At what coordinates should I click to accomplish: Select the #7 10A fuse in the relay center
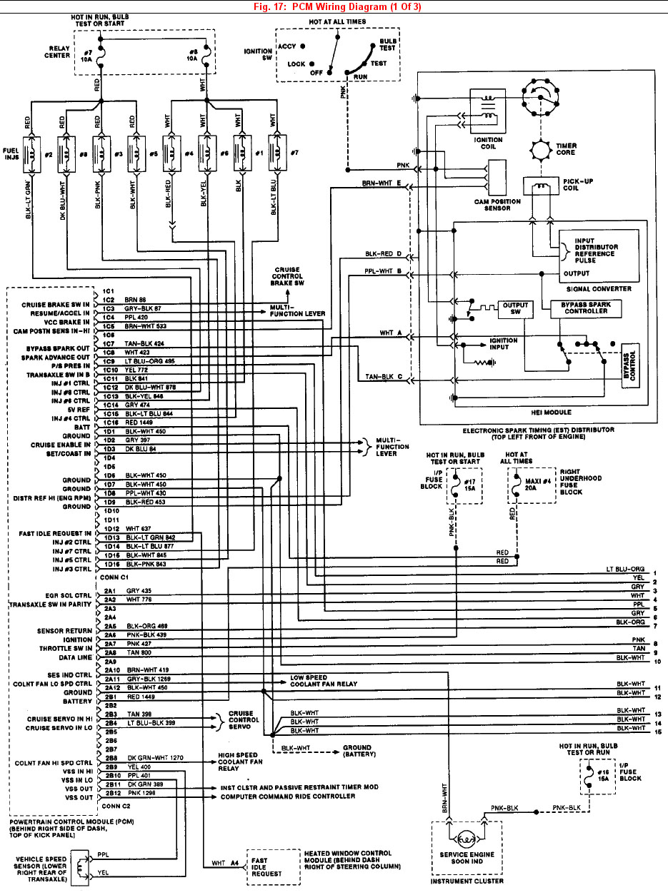click(101, 54)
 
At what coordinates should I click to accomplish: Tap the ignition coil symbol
click(489, 108)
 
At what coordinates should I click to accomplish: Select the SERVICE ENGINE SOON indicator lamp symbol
click(467, 839)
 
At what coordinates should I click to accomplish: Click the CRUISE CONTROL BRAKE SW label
click(287, 276)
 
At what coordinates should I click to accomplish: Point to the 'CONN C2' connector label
click(116, 805)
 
